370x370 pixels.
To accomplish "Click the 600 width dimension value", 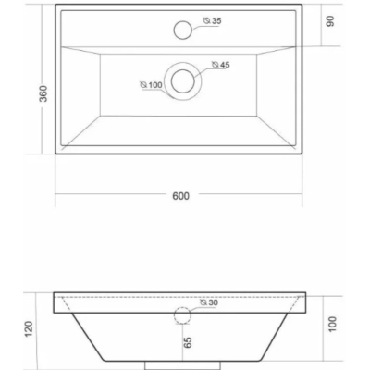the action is pyautogui.click(x=180, y=196).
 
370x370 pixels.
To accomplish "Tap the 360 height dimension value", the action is pyautogui.click(x=43, y=93).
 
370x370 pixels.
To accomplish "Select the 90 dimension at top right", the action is pyautogui.click(x=330, y=21).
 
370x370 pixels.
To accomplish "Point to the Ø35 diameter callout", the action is pyautogui.click(x=213, y=21).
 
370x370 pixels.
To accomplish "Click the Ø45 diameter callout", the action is pyautogui.click(x=221, y=65).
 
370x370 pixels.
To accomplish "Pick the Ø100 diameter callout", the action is pyautogui.click(x=151, y=85).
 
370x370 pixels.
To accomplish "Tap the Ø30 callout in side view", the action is pyautogui.click(x=209, y=302).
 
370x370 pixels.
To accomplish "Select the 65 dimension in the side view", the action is pyautogui.click(x=188, y=342).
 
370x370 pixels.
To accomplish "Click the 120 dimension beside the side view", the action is pyautogui.click(x=29, y=329).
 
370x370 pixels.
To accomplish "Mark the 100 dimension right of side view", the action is pyautogui.click(x=332, y=324).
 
